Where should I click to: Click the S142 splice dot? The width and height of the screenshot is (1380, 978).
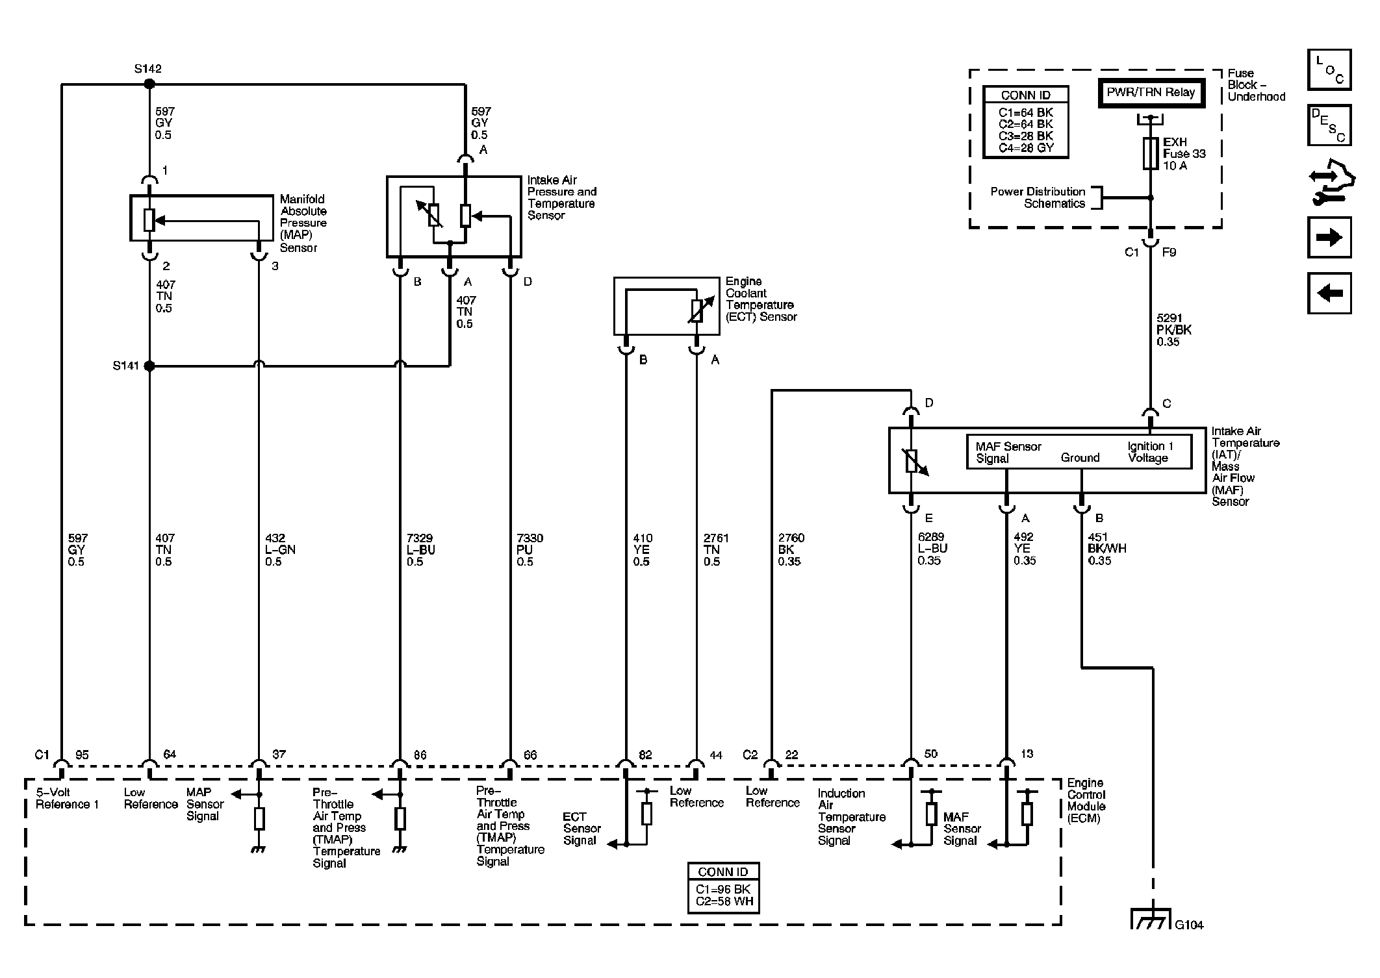[149, 84]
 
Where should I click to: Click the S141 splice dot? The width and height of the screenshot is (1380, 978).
[149, 366]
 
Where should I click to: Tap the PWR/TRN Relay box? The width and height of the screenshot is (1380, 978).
[1151, 93]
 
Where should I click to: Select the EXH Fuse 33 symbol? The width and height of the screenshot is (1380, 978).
[1151, 153]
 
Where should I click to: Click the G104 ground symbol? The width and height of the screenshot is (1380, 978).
[1152, 918]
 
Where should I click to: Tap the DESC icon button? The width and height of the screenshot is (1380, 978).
[1329, 125]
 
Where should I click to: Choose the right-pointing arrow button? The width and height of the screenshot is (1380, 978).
[1329, 237]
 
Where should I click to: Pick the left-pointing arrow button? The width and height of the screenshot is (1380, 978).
[1329, 293]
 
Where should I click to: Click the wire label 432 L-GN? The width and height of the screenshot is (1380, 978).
[280, 549]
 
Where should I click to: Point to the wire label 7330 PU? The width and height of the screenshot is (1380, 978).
[530, 549]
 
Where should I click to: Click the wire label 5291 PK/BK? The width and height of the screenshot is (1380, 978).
[1174, 330]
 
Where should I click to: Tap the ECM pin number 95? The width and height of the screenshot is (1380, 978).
[82, 755]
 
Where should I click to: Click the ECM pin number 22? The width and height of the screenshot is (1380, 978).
[791, 755]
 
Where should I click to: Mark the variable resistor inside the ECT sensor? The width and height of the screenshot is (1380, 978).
[696, 311]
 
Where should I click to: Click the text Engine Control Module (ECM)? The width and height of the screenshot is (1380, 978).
[1086, 801]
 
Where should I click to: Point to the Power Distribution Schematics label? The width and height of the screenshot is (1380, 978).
[1038, 197]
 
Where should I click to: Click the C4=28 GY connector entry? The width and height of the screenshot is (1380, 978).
[1026, 147]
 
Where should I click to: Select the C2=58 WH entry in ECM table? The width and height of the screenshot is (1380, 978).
[723, 901]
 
